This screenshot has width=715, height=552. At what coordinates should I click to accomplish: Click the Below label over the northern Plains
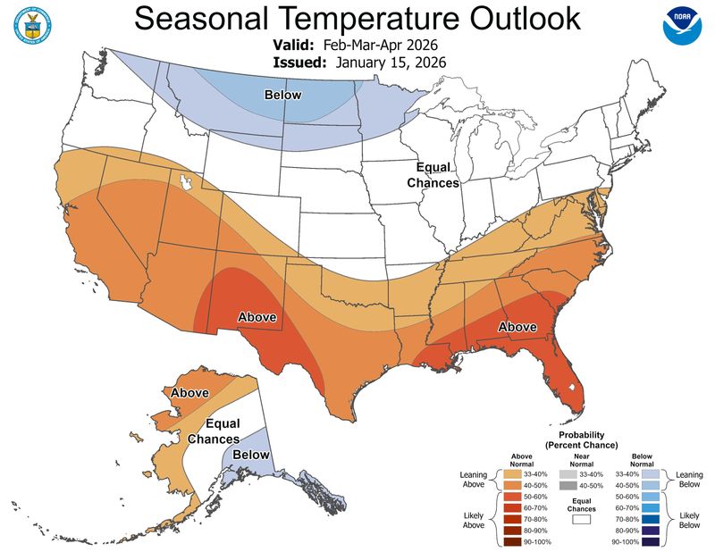click(x=282, y=95)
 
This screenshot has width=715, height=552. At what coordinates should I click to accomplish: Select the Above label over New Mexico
click(x=257, y=316)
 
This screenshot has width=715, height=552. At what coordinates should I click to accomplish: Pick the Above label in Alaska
click(x=189, y=392)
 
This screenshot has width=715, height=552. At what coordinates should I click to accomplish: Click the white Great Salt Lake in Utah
click(x=187, y=182)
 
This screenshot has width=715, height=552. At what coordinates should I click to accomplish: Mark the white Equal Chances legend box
click(x=581, y=517)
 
